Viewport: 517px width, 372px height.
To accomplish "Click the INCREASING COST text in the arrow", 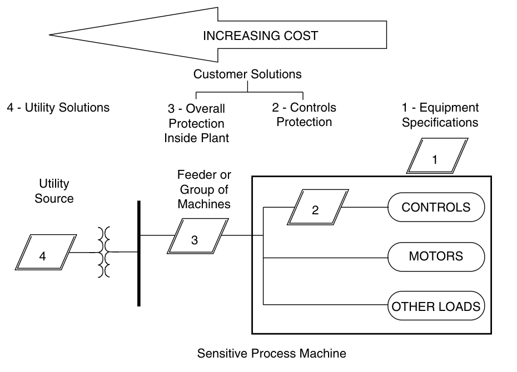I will (260, 36).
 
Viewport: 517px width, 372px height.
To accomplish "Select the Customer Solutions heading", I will (247, 74).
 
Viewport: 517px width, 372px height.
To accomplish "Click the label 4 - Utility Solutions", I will (58, 107).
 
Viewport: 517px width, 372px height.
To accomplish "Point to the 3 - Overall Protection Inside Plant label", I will (197, 123).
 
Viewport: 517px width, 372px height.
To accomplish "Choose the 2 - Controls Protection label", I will (305, 114).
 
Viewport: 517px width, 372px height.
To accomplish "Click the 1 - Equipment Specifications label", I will (440, 114).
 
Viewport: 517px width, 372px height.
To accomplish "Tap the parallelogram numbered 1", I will (436, 157).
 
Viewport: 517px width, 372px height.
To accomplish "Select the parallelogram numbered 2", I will (316, 208).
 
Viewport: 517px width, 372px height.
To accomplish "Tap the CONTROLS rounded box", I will (436, 208).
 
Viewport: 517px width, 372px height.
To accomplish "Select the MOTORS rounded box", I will (436, 257).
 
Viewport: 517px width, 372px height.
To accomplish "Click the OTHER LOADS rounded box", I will (436, 306).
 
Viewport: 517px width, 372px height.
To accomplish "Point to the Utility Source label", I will (54, 190).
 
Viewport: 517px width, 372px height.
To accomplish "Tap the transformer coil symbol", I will (103, 253).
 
